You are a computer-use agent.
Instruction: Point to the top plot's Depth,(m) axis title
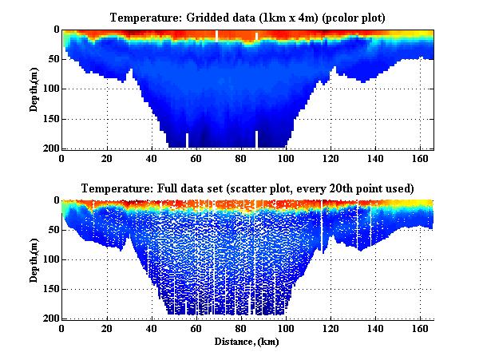(x=34, y=89)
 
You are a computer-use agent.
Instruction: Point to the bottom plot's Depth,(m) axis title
(x=34, y=259)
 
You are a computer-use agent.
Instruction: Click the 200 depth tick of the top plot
(x=50, y=148)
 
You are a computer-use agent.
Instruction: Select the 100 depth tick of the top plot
(x=50, y=89)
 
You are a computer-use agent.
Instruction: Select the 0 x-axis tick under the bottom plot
(x=62, y=328)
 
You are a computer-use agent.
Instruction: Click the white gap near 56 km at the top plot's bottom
(x=188, y=141)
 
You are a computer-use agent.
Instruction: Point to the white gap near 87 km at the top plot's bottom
(x=256, y=140)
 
